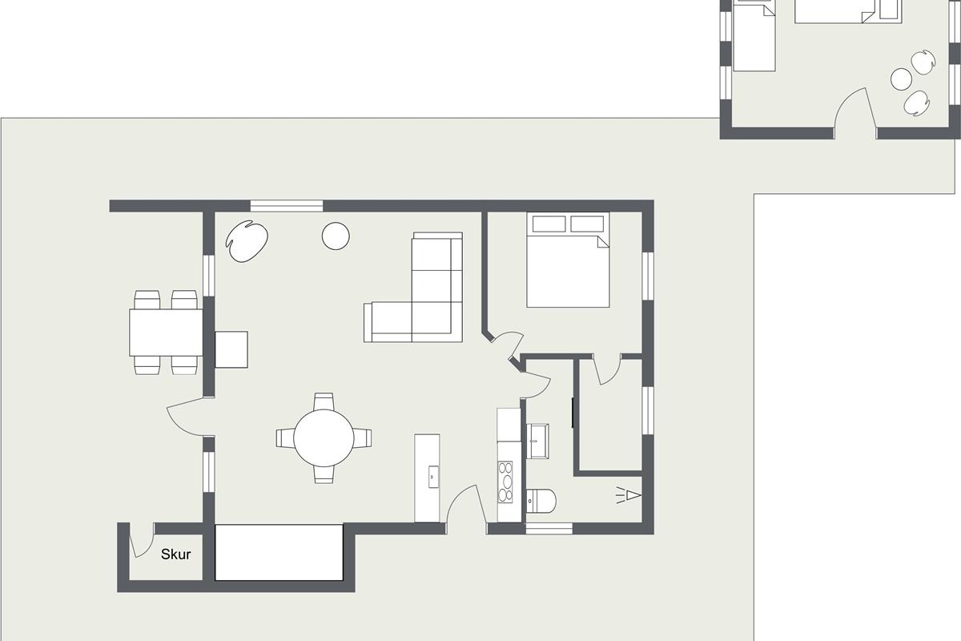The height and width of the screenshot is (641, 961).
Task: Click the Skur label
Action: [176, 554]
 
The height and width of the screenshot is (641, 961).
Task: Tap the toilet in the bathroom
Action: [541, 501]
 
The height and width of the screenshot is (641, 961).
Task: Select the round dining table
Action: [324, 438]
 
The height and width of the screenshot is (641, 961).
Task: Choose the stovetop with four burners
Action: [505, 482]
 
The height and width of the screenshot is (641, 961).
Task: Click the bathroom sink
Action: [537, 441]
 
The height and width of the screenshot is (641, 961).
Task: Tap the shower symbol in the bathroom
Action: [629, 495]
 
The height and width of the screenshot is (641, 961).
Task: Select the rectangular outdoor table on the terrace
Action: [166, 333]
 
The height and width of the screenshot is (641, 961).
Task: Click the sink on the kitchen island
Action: [433, 477]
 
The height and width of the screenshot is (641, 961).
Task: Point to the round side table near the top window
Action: [336, 236]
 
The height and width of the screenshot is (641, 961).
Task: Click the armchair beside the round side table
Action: [247, 241]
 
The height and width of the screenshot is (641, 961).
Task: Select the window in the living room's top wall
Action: [287, 206]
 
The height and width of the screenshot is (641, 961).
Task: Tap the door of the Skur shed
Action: [142, 542]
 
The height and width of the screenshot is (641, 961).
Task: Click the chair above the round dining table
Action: [324, 402]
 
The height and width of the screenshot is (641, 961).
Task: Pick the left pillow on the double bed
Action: [549, 224]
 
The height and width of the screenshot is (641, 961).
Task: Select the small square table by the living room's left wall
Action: [231, 349]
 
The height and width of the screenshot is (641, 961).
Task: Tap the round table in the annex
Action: [901, 79]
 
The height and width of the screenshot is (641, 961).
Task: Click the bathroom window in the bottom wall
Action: [549, 529]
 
